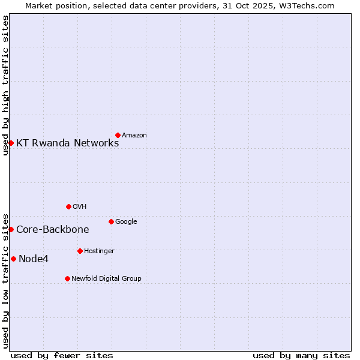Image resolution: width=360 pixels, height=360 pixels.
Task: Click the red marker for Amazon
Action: (118, 135)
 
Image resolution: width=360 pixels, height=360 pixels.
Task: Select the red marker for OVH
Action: (68, 206)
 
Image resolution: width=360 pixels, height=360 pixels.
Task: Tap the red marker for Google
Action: (111, 221)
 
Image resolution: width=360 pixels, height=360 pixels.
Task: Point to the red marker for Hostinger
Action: (80, 251)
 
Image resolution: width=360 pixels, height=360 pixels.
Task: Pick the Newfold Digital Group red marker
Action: (67, 278)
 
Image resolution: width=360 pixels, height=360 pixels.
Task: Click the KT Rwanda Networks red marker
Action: (11, 143)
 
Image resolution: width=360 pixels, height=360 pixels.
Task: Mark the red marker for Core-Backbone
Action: (11, 229)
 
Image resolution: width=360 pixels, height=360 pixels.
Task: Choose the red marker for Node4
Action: (13, 259)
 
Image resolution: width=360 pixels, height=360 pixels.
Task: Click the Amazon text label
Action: (134, 136)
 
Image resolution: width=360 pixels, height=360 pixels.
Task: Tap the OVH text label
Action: (80, 207)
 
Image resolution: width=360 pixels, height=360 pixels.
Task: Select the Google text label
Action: (126, 222)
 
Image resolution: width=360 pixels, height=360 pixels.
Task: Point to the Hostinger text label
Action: (99, 251)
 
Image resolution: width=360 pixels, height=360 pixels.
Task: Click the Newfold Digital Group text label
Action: (106, 279)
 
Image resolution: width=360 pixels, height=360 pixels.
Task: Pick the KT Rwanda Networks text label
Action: (67, 143)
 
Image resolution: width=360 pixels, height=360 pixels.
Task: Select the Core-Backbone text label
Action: (52, 230)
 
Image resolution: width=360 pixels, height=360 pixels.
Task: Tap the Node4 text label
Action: (34, 259)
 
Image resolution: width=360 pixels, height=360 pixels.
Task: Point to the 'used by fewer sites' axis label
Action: (62, 355)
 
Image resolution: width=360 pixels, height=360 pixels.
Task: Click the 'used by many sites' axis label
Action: (301, 355)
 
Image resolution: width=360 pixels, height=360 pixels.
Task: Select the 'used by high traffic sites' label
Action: (5, 85)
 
